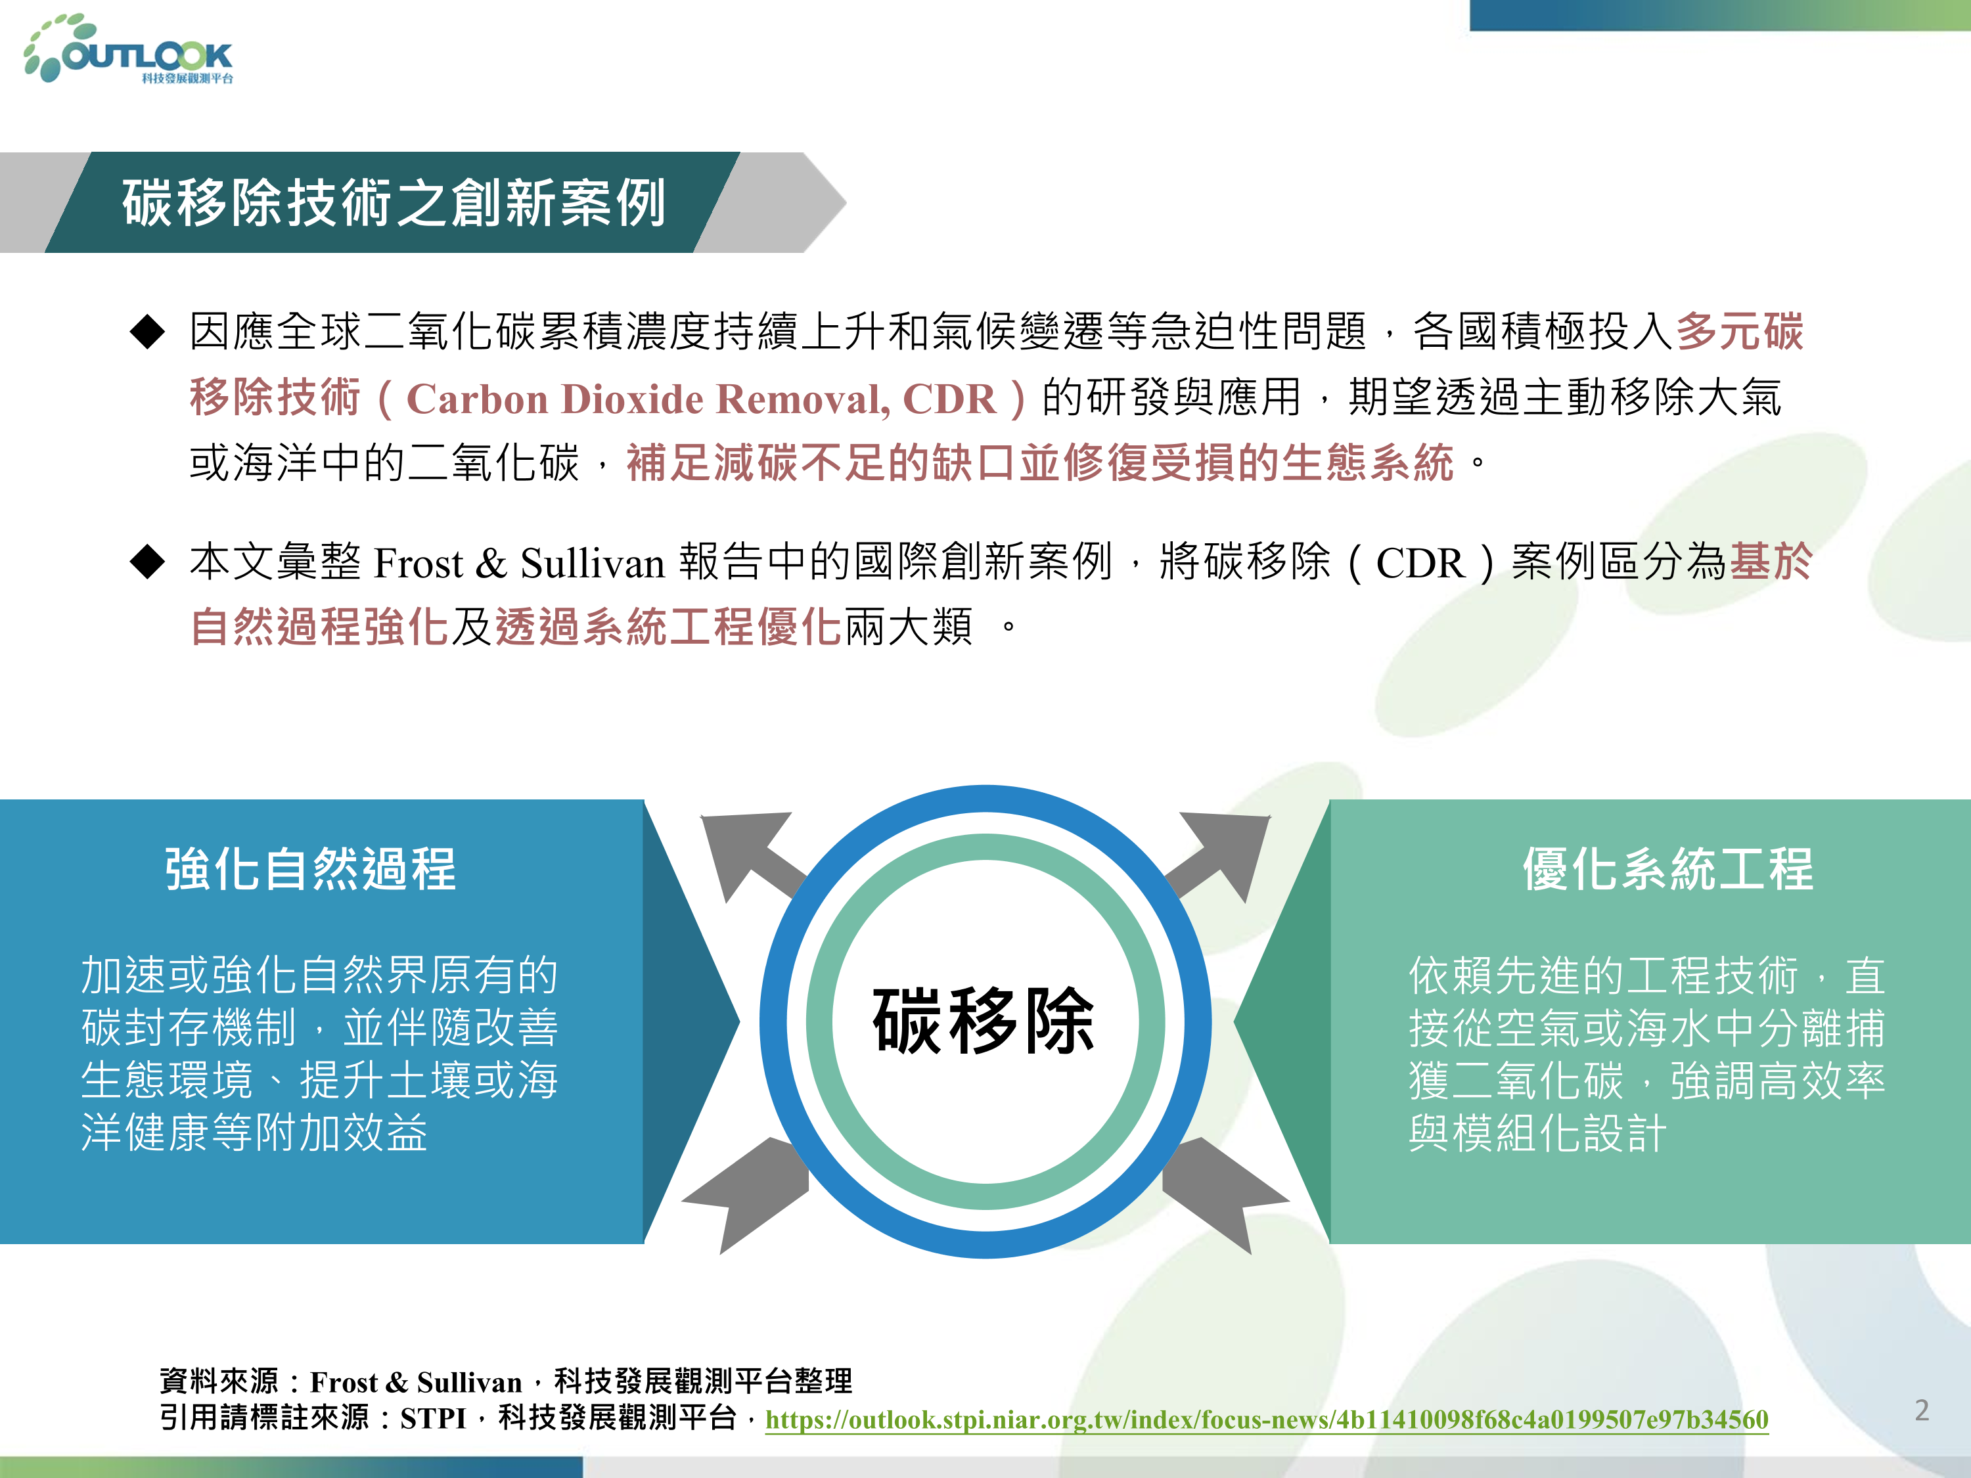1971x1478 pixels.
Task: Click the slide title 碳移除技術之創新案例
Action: tap(394, 202)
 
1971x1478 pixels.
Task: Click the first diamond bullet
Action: tap(147, 332)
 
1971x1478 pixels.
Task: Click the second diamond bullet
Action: tap(147, 562)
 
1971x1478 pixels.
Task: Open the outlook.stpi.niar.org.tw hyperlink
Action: tap(1266, 1418)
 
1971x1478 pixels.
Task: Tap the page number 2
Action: tap(1922, 1410)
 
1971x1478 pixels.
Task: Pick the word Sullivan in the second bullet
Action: tap(593, 563)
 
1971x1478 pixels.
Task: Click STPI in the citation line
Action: tap(433, 1418)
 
